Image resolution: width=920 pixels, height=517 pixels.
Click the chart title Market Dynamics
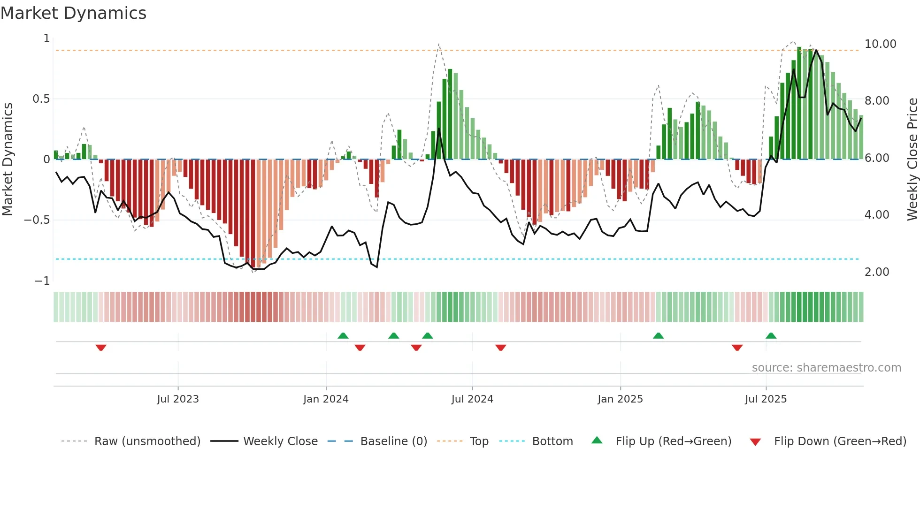coord(73,13)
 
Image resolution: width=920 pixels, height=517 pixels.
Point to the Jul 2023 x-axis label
coord(178,399)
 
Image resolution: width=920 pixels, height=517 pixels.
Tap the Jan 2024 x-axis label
coord(326,399)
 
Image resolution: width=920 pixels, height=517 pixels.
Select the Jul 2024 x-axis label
coord(472,399)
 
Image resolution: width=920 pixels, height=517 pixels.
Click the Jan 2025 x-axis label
coord(620,399)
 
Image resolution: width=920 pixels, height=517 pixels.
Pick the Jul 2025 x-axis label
coord(766,399)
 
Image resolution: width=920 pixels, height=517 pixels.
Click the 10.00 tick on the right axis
coord(880,44)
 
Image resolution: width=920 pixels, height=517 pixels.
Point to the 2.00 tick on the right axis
coord(876,272)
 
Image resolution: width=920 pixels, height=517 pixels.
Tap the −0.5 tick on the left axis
coord(37,220)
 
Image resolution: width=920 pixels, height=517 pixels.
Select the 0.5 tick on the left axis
coord(41,99)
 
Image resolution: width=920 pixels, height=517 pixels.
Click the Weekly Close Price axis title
coord(912,159)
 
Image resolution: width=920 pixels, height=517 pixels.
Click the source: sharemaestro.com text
coord(826,368)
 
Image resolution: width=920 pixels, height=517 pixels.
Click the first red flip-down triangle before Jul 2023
coord(101,348)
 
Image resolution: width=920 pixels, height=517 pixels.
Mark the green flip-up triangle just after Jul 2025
coord(771,335)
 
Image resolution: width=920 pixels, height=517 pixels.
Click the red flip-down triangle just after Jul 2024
coord(501,348)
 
